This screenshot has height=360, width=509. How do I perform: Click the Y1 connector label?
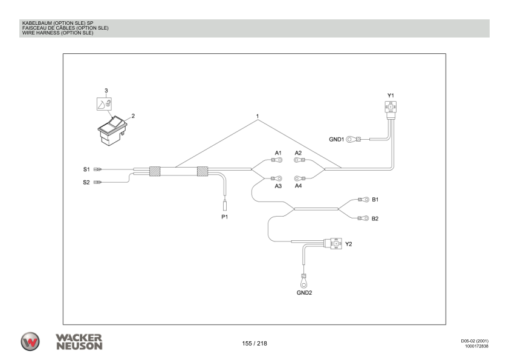(x=390, y=95)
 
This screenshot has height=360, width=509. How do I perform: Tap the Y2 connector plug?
(x=332, y=244)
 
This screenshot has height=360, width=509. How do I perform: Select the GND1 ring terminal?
(x=351, y=139)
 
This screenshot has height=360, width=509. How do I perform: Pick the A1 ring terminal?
(x=277, y=161)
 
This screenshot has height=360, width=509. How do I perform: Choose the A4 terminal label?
(x=298, y=186)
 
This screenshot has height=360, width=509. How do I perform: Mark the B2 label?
(x=375, y=218)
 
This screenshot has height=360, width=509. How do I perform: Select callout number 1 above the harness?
(x=258, y=116)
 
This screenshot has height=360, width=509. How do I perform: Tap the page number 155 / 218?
(x=254, y=343)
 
